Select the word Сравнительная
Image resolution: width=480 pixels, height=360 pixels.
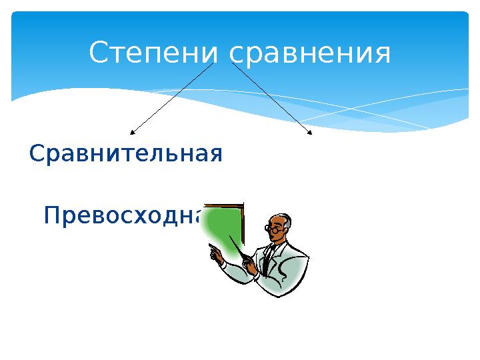pyautogui.click(x=126, y=155)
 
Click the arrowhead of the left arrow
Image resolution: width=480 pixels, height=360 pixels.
pyautogui.click(x=133, y=133)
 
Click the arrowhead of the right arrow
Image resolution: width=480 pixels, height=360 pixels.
pyautogui.click(x=309, y=133)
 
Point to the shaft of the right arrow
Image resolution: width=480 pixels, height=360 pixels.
pyautogui.click(x=270, y=98)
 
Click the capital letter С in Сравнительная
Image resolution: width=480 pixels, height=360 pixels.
pyautogui.click(x=37, y=155)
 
